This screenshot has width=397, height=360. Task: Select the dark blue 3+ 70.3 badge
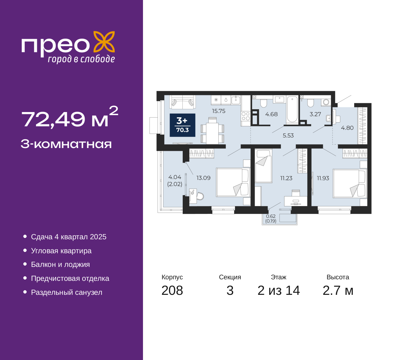(x=182, y=125)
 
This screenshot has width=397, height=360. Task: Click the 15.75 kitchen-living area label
(x=219, y=111)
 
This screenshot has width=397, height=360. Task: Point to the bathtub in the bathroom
(x=292, y=110)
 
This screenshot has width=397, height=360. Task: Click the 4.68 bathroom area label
(x=271, y=114)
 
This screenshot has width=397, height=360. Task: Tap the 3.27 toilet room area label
(x=315, y=114)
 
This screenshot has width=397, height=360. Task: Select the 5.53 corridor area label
(x=288, y=136)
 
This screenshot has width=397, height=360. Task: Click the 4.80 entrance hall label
(x=347, y=128)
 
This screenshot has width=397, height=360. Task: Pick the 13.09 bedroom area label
(x=203, y=178)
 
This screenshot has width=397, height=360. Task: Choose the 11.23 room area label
(x=286, y=178)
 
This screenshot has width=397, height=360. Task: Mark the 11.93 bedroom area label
(x=323, y=178)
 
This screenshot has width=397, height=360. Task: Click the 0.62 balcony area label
(x=271, y=216)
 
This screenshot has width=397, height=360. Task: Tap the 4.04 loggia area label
(x=175, y=177)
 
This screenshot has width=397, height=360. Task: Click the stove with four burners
(x=246, y=116)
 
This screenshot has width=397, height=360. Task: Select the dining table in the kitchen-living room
(x=212, y=133)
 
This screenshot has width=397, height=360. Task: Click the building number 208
(x=172, y=291)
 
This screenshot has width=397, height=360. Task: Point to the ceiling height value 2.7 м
(x=338, y=291)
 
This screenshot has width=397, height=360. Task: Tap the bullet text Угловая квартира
(x=61, y=251)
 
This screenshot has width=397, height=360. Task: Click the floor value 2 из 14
(x=279, y=291)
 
